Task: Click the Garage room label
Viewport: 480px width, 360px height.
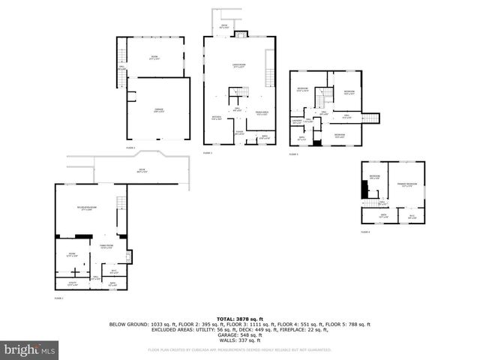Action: pos(159,111)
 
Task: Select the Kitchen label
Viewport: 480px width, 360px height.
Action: pos(216,118)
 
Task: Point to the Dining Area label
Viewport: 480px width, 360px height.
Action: pos(262,113)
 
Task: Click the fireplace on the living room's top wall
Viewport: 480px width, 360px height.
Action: pos(241,34)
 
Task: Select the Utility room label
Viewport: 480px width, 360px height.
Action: pos(72,283)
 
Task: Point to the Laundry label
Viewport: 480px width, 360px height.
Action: pos(297,121)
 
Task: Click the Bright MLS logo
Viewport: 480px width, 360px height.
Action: pos(30,349)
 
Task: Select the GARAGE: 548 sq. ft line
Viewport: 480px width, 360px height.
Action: pos(239,334)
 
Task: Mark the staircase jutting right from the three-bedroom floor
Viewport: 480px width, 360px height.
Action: pos(371,118)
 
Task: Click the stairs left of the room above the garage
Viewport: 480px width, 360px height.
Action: pos(121,56)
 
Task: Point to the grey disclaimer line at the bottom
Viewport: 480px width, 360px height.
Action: pos(239,349)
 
